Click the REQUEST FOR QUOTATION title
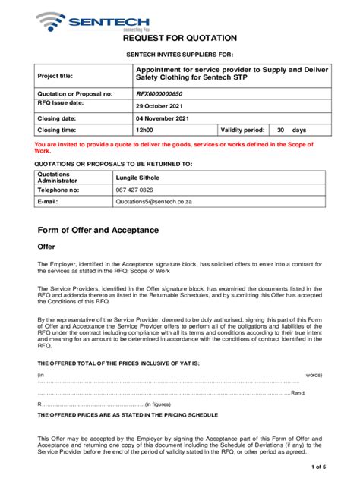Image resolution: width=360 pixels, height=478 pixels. [180, 38]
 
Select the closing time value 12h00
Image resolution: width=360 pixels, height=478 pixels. [145, 131]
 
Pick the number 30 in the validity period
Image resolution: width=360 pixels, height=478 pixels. [280, 131]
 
